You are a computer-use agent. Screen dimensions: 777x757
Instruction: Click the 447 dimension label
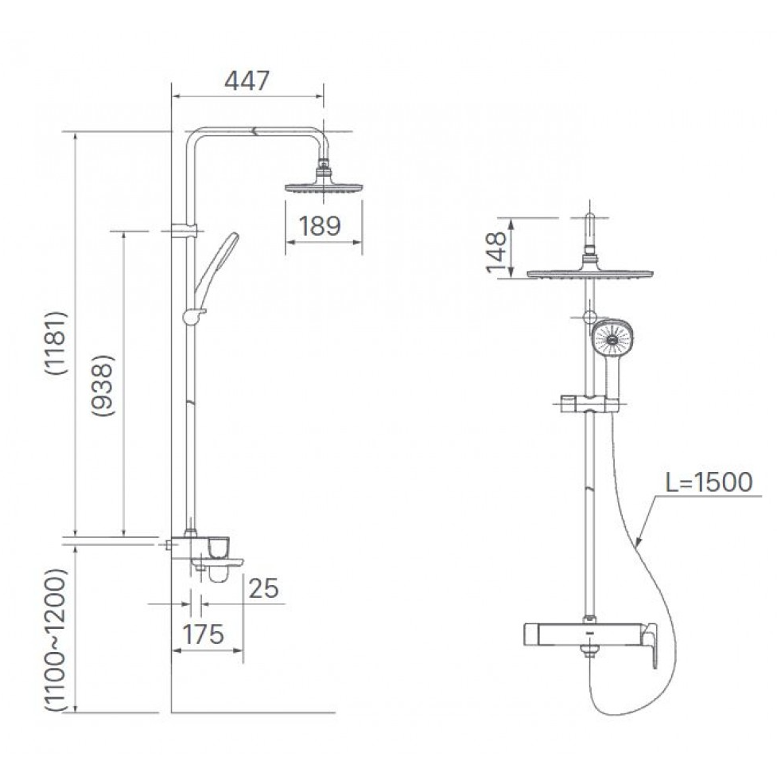[247, 81]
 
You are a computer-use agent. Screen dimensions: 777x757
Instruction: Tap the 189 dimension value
[320, 226]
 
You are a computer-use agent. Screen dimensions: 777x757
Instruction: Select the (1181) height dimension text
[55, 343]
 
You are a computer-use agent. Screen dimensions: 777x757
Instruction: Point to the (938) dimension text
[103, 385]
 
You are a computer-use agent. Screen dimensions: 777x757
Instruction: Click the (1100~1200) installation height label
[55, 641]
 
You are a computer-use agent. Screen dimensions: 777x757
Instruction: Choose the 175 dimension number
[203, 634]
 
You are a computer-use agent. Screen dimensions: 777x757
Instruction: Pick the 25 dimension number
[263, 588]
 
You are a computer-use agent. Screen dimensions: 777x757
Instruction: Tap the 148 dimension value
[496, 253]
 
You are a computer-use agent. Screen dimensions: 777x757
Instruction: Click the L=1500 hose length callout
[709, 482]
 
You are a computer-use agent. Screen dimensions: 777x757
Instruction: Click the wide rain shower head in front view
[589, 273]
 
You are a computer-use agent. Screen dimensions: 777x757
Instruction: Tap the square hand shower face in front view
[613, 339]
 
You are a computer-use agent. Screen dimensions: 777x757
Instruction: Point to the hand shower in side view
[217, 264]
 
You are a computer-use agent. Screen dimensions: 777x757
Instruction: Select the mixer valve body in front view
[585, 634]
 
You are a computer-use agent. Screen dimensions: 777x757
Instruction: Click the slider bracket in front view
[589, 404]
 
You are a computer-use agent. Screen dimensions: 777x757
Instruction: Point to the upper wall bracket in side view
[184, 230]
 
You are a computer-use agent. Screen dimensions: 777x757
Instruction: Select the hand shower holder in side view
[193, 316]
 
